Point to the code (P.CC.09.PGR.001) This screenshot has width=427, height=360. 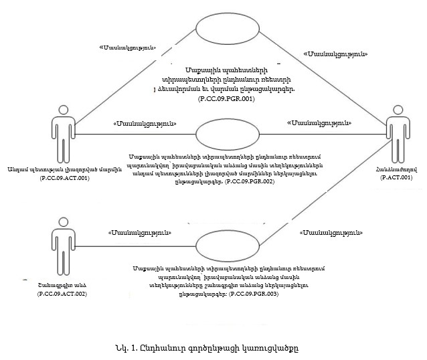click(227, 98)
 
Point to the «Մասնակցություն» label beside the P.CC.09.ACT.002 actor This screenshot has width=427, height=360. click(139, 233)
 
